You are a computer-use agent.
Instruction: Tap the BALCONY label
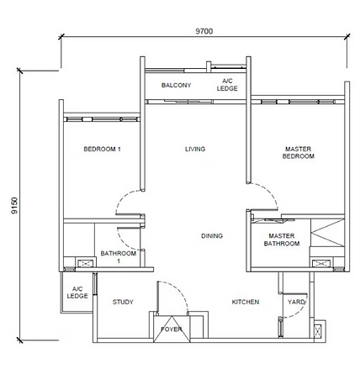pos(176,86)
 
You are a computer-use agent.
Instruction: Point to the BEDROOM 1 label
pos(103,150)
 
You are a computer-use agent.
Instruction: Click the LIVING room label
pos(195,150)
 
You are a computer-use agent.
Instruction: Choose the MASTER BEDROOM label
pos(298,152)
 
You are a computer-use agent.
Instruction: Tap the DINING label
pos(212,236)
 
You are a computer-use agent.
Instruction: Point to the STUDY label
pos(123,302)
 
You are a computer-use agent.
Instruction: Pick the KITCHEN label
pos(245,302)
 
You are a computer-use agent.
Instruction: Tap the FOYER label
pos(171,329)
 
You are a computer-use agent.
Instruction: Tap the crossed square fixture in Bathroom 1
pos(84,263)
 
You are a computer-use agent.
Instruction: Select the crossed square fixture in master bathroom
pos(320,263)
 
